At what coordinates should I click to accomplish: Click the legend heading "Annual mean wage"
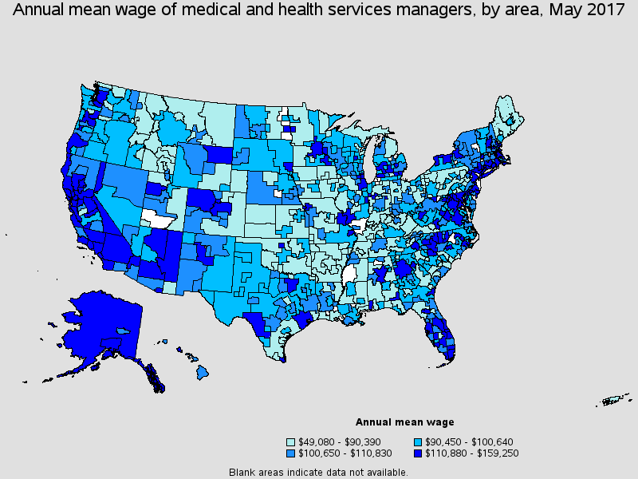404,422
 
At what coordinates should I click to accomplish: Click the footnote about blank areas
318,472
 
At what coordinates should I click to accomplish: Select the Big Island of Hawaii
203,371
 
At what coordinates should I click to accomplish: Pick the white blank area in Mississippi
349,275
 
